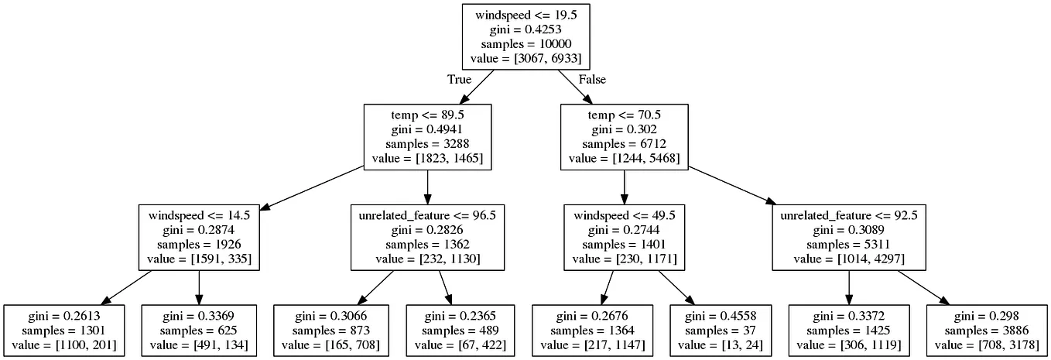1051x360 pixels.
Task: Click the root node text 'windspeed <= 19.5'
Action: (526, 15)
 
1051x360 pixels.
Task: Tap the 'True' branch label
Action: (460, 79)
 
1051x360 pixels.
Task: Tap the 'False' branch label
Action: (592, 79)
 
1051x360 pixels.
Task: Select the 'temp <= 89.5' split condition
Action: (427, 115)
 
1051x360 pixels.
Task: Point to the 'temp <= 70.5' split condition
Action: (624, 115)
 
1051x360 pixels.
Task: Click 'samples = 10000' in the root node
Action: (526, 44)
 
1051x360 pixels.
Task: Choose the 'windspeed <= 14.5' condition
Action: (199, 215)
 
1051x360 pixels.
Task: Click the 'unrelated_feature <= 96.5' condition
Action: (427, 215)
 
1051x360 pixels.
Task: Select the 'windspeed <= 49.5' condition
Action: (624, 215)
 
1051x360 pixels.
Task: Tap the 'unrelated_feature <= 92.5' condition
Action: (849, 215)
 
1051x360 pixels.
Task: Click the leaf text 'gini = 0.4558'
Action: (721, 316)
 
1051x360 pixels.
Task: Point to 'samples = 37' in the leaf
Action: (721, 331)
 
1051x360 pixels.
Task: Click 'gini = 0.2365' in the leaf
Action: (460, 316)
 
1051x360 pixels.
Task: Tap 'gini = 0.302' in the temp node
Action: (624, 129)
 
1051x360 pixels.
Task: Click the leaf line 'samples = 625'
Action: (199, 331)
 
